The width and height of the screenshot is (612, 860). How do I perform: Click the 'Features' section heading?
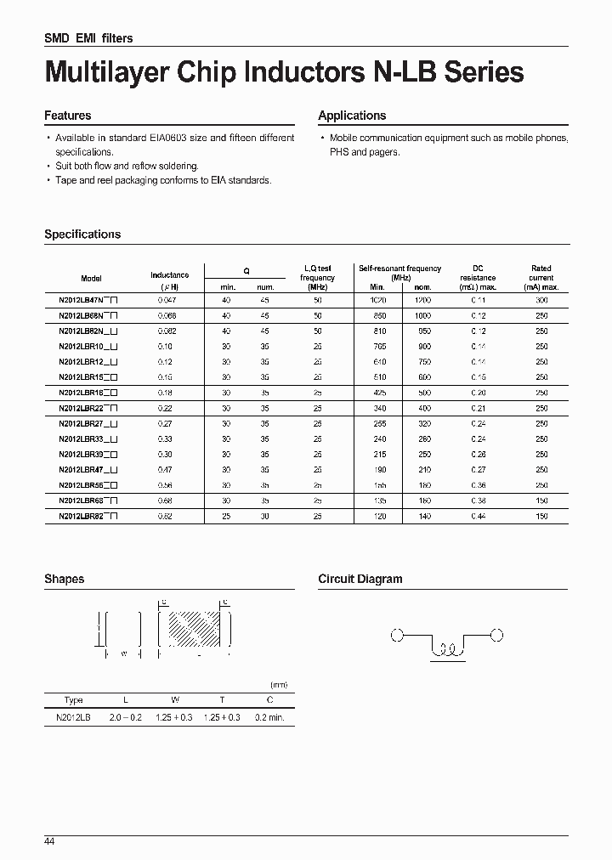[67, 116]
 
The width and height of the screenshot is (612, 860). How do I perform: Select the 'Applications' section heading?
[352, 116]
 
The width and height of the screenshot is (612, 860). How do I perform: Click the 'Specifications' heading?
[82, 235]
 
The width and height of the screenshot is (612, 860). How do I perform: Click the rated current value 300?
[541, 300]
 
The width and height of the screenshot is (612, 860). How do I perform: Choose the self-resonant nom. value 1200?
[422, 300]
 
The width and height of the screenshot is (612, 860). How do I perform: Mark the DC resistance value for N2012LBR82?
[478, 516]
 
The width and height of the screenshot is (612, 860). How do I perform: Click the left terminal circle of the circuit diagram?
[395, 635]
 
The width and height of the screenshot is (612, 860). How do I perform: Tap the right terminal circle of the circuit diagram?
[496, 635]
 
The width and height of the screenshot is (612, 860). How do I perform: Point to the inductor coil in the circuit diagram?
[447, 651]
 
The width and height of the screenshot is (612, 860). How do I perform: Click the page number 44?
[49, 840]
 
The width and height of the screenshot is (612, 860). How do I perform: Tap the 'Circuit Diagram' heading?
[360, 580]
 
